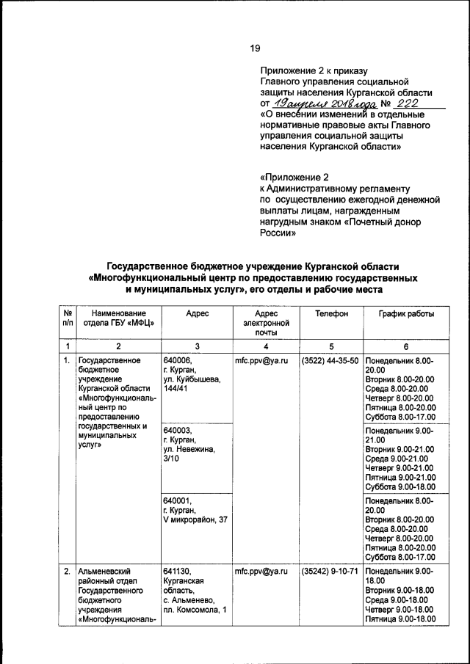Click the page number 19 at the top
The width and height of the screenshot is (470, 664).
[x=255, y=48]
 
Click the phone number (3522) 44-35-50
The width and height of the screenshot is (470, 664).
[x=330, y=361]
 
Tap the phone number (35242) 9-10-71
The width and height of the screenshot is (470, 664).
[x=330, y=571]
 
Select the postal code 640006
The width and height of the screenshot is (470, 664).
[x=178, y=361]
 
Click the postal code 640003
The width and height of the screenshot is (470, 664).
[x=178, y=430]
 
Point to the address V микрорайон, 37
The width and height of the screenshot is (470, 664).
[x=196, y=520]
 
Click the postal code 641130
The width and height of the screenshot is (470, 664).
[x=178, y=571]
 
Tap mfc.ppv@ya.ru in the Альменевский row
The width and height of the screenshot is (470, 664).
[x=261, y=571]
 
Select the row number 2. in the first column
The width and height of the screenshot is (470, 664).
[x=67, y=571]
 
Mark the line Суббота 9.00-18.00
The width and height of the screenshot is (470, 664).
[x=400, y=487]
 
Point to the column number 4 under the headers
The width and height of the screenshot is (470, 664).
[x=265, y=346]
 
